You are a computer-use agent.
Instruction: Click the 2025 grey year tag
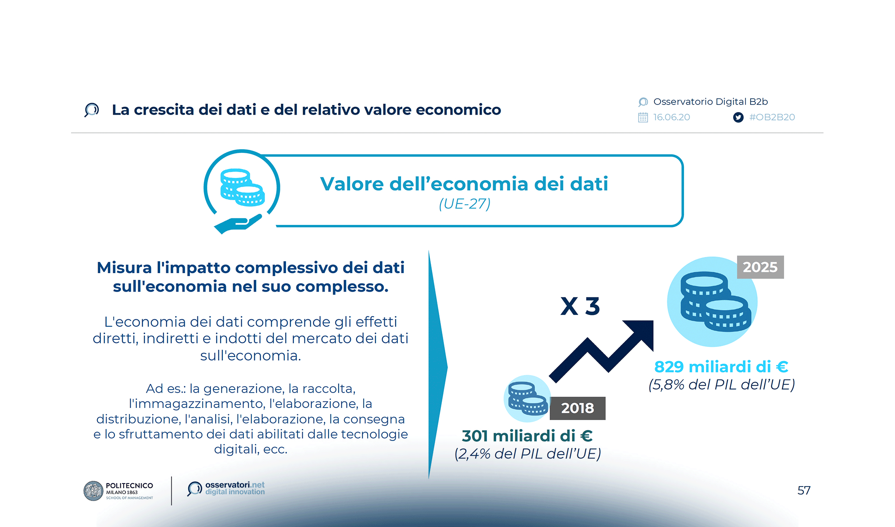click(x=760, y=267)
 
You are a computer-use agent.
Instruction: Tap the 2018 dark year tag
click(x=577, y=408)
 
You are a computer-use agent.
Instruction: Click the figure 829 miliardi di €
click(x=721, y=367)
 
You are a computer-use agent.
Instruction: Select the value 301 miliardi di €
click(x=527, y=436)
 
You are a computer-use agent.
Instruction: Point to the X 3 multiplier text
click(x=580, y=306)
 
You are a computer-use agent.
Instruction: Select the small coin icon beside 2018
click(x=527, y=398)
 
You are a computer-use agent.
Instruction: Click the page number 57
click(x=804, y=490)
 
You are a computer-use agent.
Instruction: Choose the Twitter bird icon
click(x=738, y=117)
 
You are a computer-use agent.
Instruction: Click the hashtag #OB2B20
click(x=772, y=117)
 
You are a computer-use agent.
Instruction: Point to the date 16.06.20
click(x=671, y=117)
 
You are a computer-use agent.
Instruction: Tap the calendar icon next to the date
click(x=643, y=117)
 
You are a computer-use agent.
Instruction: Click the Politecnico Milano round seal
click(x=93, y=491)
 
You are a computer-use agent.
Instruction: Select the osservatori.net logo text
click(x=235, y=488)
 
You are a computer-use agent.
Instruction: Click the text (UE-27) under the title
click(x=465, y=204)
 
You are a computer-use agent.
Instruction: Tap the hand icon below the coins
click(x=237, y=224)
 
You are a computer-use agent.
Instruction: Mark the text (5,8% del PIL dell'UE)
click(x=721, y=385)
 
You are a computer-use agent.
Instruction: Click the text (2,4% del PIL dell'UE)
click(x=527, y=454)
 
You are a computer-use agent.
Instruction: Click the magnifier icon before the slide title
click(x=91, y=110)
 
